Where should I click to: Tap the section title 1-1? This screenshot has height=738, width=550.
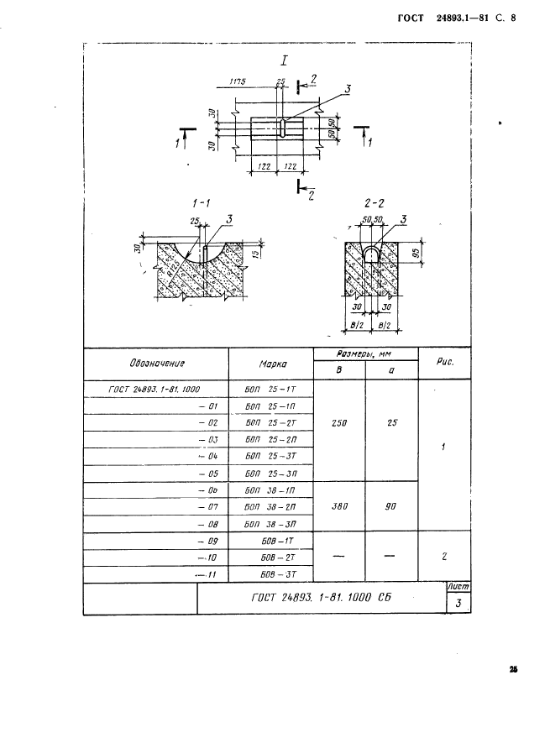pyautogui.click(x=201, y=203)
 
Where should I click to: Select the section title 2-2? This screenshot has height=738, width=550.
pyautogui.click(x=374, y=203)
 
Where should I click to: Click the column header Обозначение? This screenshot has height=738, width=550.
pyautogui.click(x=157, y=364)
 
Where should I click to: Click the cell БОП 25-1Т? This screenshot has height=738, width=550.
pyautogui.click(x=270, y=389)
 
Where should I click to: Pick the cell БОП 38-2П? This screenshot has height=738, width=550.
pyautogui.click(x=270, y=508)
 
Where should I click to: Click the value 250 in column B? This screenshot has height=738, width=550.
pyautogui.click(x=338, y=423)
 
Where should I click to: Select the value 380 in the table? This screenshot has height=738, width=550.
pyautogui.click(x=338, y=507)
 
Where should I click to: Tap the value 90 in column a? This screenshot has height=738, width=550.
pyautogui.click(x=391, y=507)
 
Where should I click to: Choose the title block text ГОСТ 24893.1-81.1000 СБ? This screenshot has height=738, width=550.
pyautogui.click(x=322, y=598)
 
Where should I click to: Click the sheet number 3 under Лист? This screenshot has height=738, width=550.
pyautogui.click(x=458, y=604)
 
